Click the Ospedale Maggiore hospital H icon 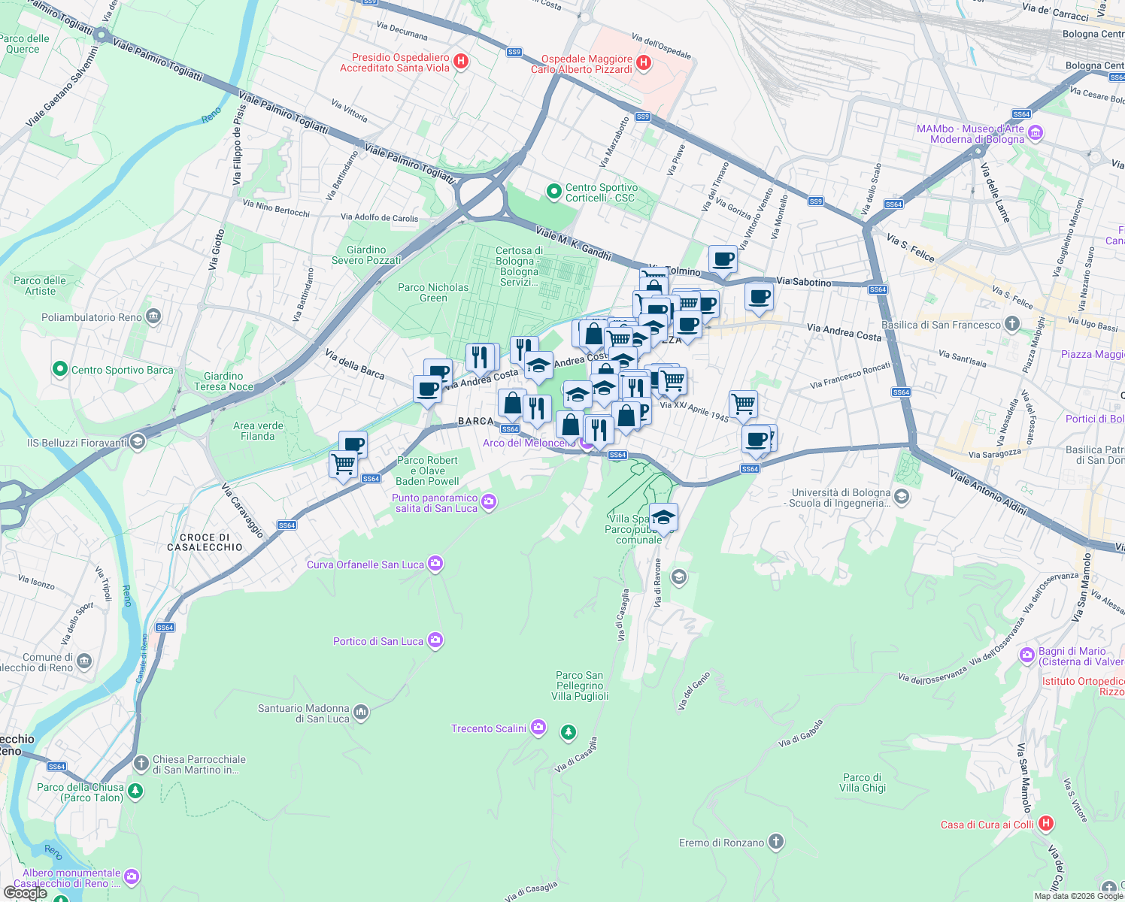coord(644,63)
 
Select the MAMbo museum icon coord(1035,133)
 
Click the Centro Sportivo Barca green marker coord(59,369)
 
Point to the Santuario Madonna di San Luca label coord(304,713)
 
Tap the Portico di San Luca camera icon coord(435,640)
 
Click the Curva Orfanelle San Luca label coord(365,565)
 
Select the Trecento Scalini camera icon coord(538,727)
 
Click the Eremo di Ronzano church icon coord(777,842)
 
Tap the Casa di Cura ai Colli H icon coord(1045,824)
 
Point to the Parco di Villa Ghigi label coord(863,782)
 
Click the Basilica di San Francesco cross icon coord(1012,324)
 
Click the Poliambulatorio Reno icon coord(153,316)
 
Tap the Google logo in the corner coord(26,892)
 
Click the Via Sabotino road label coord(804,282)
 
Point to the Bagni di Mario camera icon coord(1027,656)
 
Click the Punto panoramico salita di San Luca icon coord(489,501)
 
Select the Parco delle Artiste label coord(40,286)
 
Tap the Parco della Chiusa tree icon coord(135,791)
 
